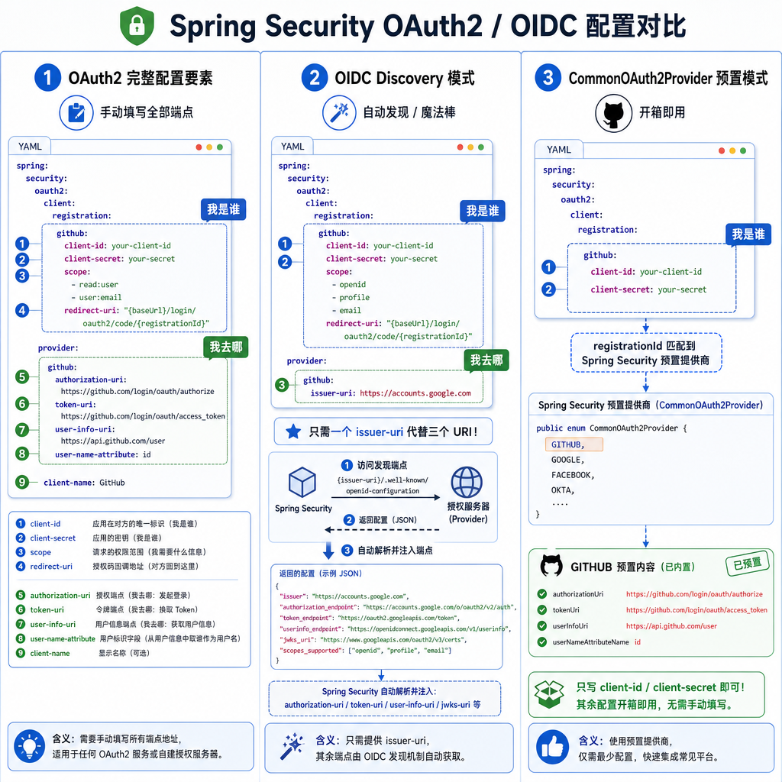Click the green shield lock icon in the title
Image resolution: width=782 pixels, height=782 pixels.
click(x=137, y=26)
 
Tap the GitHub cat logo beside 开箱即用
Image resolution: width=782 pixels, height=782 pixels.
click(x=613, y=113)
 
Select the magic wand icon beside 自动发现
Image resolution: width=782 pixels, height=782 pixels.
click(x=339, y=113)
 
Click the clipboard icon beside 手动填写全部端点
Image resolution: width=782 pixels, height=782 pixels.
click(x=76, y=113)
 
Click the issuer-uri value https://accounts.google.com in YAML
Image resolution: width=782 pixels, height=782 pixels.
click(x=415, y=393)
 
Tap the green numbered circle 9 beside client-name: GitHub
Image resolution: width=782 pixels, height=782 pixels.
click(x=22, y=483)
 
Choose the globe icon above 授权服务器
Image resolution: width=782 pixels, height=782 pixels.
click(x=467, y=483)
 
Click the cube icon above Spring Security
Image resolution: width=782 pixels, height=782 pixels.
click(x=302, y=482)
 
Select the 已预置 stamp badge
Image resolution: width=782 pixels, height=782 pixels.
click(x=748, y=564)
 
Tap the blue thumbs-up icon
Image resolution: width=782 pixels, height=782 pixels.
click(x=552, y=747)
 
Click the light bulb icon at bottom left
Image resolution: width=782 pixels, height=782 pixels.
click(x=30, y=746)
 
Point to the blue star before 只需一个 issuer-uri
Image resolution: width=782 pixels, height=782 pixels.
click(x=293, y=431)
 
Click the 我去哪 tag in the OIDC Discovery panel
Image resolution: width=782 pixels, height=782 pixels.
click(x=486, y=360)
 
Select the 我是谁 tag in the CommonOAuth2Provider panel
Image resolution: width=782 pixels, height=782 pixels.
click(x=748, y=234)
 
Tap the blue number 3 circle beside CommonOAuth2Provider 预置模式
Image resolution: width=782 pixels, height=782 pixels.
click(x=548, y=78)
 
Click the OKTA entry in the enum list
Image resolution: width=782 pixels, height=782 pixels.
click(x=563, y=490)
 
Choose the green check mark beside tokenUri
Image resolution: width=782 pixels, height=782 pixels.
click(x=542, y=610)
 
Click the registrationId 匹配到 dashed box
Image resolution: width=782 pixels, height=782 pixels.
click(x=646, y=353)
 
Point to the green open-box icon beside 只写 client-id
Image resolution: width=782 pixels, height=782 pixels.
click(x=549, y=693)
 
